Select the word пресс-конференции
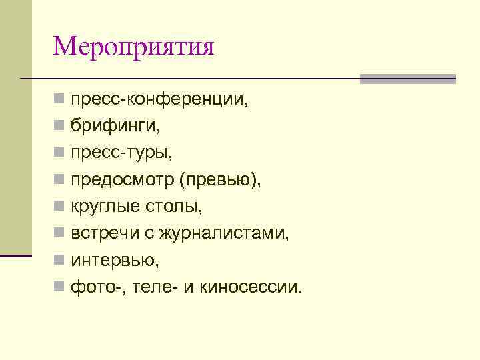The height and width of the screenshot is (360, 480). pos(159,100)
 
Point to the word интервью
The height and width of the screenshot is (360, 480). pos(114,260)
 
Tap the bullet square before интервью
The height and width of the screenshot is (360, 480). pos(59,260)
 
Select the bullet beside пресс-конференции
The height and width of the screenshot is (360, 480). pos(59,100)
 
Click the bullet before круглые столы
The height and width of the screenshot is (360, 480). pos(59,207)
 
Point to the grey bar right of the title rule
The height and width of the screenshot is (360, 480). pos(407,79)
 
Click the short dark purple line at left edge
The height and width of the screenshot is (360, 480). pos(16,256)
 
